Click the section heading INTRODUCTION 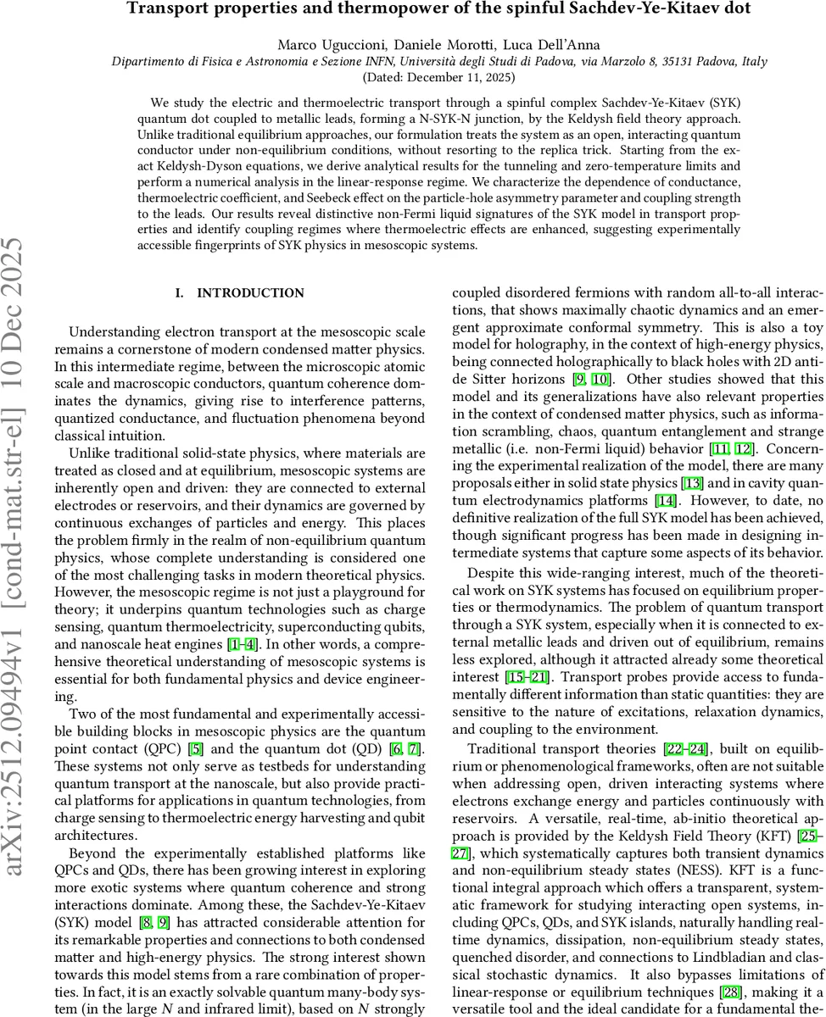[250, 293]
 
